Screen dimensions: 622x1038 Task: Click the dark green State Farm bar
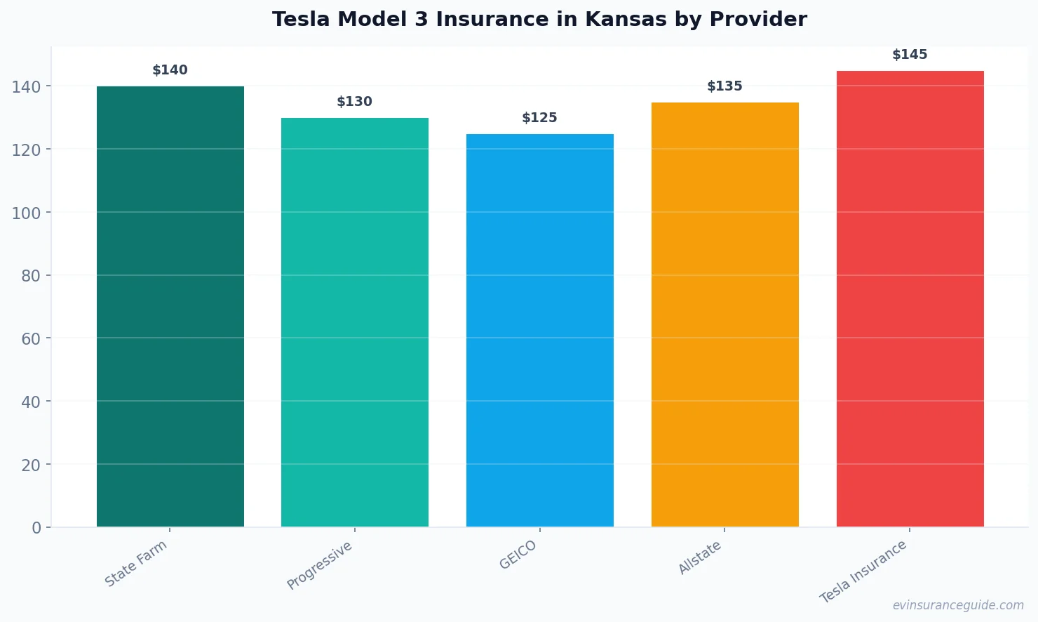pyautogui.click(x=170, y=306)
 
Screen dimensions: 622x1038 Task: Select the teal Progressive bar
pyautogui.click(x=355, y=322)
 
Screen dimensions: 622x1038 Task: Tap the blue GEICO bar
pyautogui.click(x=540, y=330)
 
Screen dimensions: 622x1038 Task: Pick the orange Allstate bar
pyautogui.click(x=724, y=315)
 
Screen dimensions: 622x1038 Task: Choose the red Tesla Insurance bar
pyautogui.click(x=910, y=298)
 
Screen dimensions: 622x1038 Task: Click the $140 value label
pyautogui.click(x=170, y=70)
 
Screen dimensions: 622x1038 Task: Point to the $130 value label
pyautogui.click(x=355, y=102)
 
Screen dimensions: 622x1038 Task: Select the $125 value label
pyautogui.click(x=540, y=118)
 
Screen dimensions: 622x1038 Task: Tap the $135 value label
pyautogui.click(x=724, y=86)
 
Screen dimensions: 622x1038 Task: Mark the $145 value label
pyautogui.click(x=910, y=55)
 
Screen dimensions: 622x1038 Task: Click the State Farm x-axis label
pyautogui.click(x=136, y=563)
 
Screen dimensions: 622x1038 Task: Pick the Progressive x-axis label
pyautogui.click(x=320, y=565)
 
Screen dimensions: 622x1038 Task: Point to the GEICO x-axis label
pyautogui.click(x=518, y=555)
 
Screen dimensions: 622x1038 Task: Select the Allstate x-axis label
pyautogui.click(x=700, y=558)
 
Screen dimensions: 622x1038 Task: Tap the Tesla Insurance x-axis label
pyautogui.click(x=863, y=571)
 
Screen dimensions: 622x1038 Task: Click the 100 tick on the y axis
pyautogui.click(x=27, y=213)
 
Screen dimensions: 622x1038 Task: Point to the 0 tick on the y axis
pyautogui.click(x=36, y=528)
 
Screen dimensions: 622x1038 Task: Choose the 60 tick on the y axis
pyautogui.click(x=31, y=339)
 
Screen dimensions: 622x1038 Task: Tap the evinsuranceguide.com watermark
pyautogui.click(x=958, y=605)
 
